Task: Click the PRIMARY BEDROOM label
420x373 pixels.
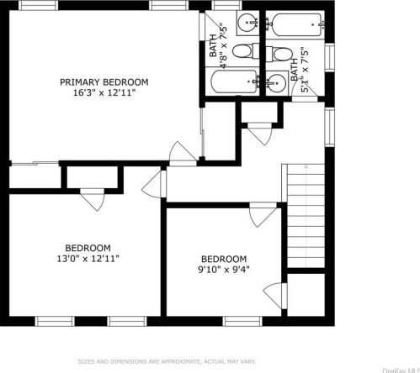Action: point(104,81)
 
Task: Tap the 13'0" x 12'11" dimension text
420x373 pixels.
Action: point(88,259)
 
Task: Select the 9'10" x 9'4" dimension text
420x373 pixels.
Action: point(223,270)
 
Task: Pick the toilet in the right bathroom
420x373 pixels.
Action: point(279,53)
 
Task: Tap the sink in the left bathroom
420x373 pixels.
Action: point(245,22)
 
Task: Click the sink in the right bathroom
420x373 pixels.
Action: point(275,81)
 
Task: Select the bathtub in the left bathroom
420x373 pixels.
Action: point(232,83)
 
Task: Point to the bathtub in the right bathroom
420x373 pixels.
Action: point(294,24)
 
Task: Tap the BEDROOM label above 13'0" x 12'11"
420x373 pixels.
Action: point(88,248)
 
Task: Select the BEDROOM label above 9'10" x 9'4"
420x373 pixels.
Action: point(223,259)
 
